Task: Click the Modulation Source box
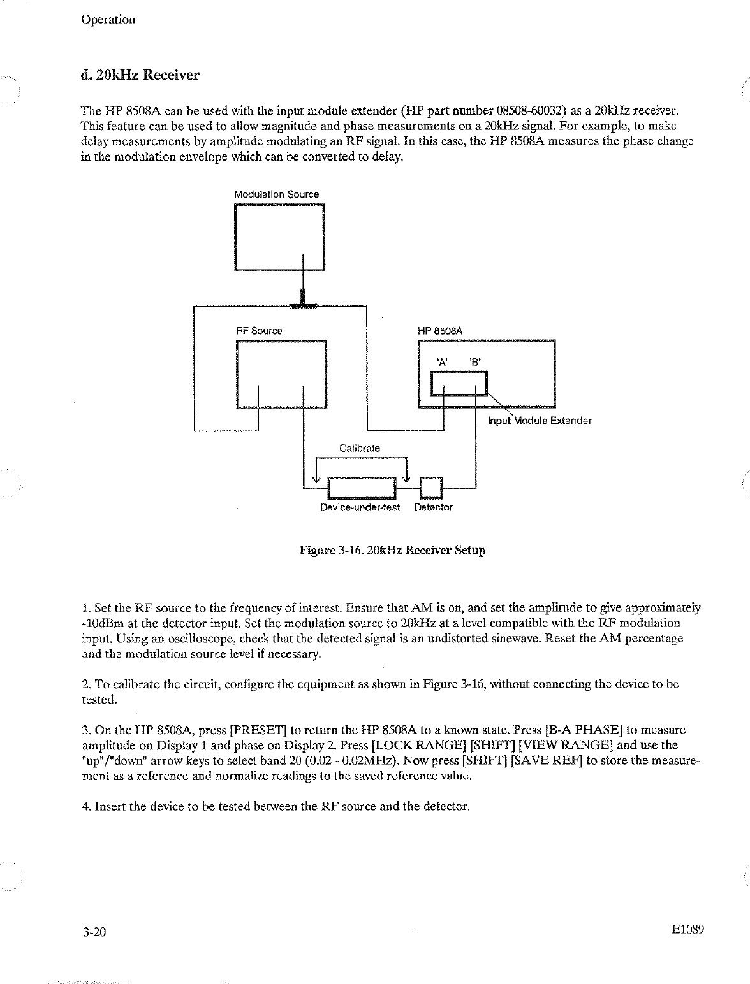(x=279, y=237)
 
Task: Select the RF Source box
(x=281, y=374)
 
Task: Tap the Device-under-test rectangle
(x=362, y=488)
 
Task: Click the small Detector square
(x=431, y=488)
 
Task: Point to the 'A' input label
(x=441, y=362)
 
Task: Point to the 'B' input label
(x=474, y=362)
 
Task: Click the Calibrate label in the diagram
(x=359, y=448)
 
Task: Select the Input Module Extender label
(x=540, y=421)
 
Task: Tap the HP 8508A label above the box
(x=439, y=331)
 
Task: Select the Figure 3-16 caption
(x=393, y=550)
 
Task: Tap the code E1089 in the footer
(x=687, y=930)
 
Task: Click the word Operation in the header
(x=108, y=19)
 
